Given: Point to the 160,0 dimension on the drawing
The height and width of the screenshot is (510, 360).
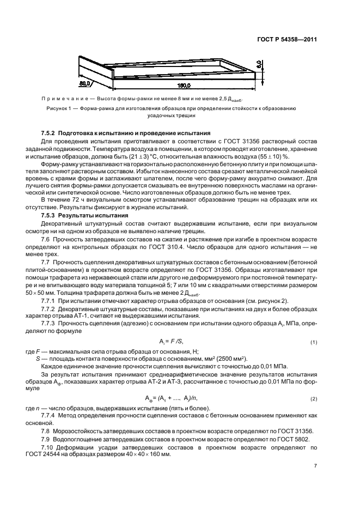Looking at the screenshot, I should [187, 86].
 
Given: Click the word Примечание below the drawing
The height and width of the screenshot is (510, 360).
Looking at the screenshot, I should [64, 99].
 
